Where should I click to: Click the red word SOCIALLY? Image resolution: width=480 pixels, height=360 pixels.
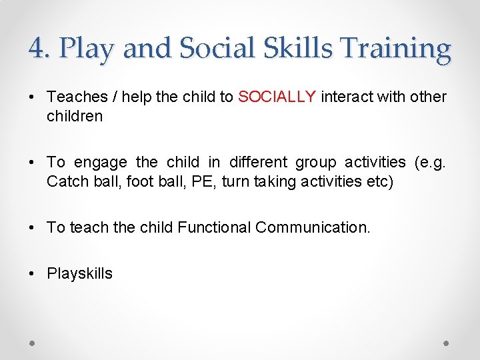(277, 97)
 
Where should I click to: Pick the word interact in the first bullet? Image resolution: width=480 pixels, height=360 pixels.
(345, 97)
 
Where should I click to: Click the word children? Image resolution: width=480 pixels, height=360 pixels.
(74, 116)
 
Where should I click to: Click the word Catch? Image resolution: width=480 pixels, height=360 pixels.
(65, 181)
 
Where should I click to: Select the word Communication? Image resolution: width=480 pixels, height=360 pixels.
(312, 227)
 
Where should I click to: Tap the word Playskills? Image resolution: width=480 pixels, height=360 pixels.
(79, 273)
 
